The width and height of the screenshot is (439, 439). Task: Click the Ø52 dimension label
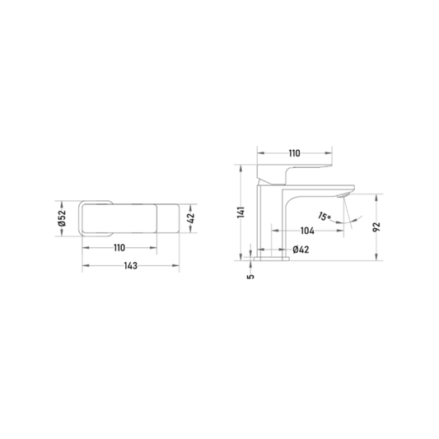click(62, 217)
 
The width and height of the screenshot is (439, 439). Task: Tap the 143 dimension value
click(131, 265)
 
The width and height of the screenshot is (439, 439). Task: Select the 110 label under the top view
click(119, 248)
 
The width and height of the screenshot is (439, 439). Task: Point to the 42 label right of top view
click(191, 218)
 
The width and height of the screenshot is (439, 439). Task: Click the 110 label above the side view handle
click(294, 153)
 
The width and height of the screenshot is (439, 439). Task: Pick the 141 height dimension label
click(241, 212)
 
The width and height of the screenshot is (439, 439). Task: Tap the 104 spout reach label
click(307, 231)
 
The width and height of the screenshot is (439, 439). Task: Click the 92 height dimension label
click(377, 227)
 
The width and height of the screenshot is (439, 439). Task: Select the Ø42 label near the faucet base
click(301, 250)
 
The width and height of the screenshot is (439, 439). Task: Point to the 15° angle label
click(325, 216)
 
